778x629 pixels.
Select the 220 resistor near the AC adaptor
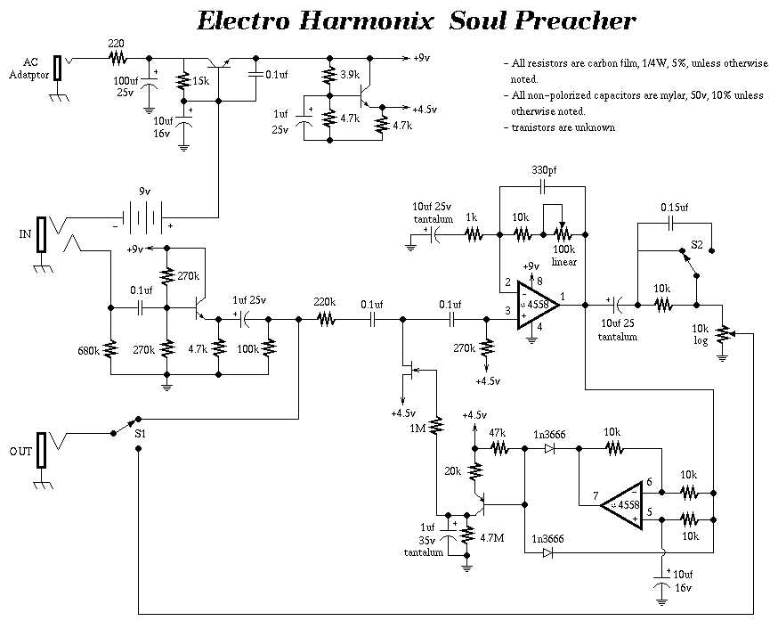(116, 58)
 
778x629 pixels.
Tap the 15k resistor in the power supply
(182, 82)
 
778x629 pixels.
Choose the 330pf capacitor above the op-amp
(543, 188)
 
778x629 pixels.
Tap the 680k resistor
(110, 347)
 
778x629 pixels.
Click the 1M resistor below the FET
(437, 428)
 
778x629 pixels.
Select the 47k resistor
(498, 450)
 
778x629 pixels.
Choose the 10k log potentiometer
(722, 333)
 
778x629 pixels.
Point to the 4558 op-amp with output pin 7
(624, 505)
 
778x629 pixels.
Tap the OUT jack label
(21, 452)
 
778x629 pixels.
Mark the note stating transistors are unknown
(563, 127)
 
